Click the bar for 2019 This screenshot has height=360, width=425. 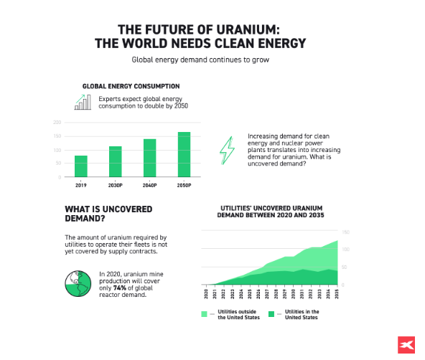(81, 166)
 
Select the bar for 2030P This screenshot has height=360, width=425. (115, 161)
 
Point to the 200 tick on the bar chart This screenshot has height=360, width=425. (57, 123)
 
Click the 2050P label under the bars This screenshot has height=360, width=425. (184, 185)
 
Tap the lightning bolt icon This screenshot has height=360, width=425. (227, 150)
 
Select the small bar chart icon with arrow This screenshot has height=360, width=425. (84, 103)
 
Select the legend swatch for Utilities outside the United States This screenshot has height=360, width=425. (205, 314)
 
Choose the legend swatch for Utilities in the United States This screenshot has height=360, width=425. (271, 314)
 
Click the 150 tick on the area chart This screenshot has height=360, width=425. (345, 232)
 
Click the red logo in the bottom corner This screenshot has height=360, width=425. (404, 344)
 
